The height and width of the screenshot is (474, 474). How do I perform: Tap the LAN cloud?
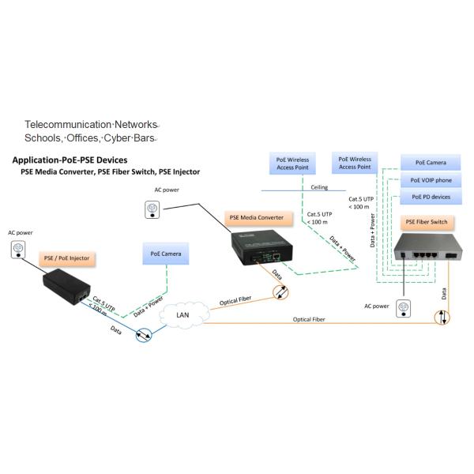(x=182, y=315)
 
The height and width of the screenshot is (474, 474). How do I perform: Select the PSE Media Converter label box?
(x=255, y=217)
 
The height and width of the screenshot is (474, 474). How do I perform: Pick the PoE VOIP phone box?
(x=431, y=180)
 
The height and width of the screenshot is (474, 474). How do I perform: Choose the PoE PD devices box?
(x=431, y=196)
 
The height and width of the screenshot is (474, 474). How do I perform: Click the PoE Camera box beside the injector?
(x=166, y=254)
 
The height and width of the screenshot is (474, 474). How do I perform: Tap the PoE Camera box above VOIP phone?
(x=431, y=164)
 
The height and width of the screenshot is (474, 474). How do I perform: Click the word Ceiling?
(x=318, y=188)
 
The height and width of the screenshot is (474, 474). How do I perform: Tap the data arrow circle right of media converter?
(x=282, y=293)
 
